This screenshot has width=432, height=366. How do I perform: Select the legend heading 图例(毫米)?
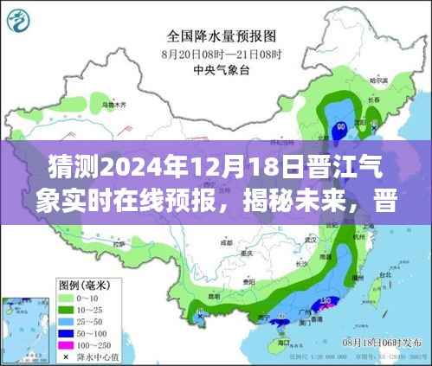click(83, 285)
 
